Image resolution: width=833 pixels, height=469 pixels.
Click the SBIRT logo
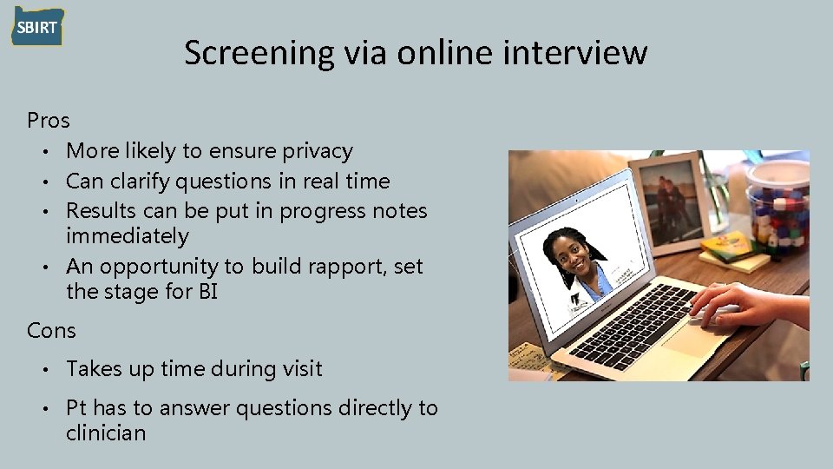tap(37, 27)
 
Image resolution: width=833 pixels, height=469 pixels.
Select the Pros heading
tap(49, 119)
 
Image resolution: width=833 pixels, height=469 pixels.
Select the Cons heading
tap(51, 331)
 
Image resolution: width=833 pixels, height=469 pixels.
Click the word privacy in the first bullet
tap(318, 151)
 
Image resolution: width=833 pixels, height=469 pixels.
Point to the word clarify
tap(141, 182)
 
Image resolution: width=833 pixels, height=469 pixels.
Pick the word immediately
tap(127, 236)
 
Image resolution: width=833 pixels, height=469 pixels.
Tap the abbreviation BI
tap(207, 292)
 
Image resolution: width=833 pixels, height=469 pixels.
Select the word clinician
tap(106, 433)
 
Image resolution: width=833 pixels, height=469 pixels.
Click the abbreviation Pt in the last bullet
tap(76, 407)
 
